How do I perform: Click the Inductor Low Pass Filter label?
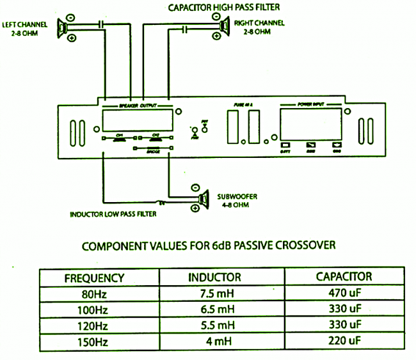pyautogui.click(x=113, y=214)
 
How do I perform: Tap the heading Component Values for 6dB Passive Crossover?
pyautogui.click(x=208, y=246)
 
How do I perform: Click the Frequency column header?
pyautogui.click(x=94, y=278)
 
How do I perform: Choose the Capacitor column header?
pyautogui.click(x=344, y=278)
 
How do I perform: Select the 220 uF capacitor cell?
pyautogui.click(x=344, y=340)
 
